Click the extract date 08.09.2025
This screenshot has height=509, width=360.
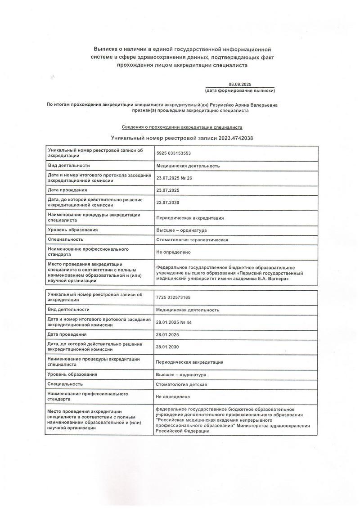coord(239,84)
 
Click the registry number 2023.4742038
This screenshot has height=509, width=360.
coord(236,138)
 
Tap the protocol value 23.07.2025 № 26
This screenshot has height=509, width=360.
coord(174,178)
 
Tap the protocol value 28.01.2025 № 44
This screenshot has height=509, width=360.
coord(174,322)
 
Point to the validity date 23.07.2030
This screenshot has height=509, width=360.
coord(168,203)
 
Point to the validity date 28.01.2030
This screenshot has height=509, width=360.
coord(168,347)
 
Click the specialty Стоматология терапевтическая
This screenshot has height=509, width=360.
coord(192,240)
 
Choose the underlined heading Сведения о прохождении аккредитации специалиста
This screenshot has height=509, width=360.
coord(182,127)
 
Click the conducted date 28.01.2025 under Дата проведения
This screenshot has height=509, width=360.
coord(168,334)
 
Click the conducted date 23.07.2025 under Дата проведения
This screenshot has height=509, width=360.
coord(168,190)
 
